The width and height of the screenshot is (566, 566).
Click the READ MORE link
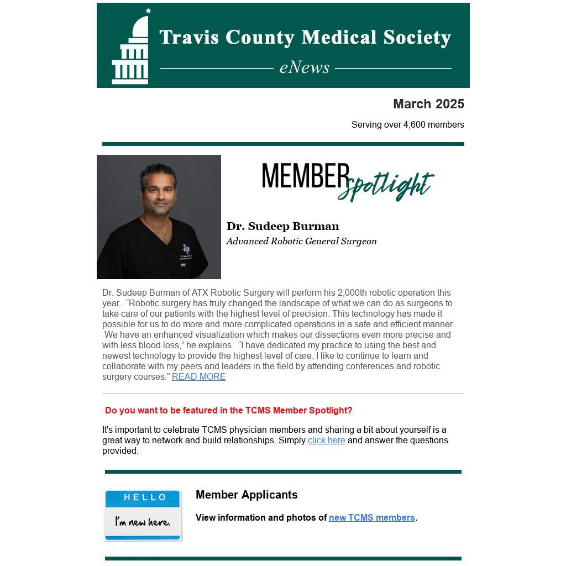pyautogui.click(x=198, y=377)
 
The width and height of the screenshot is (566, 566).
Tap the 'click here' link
pyautogui.click(x=326, y=441)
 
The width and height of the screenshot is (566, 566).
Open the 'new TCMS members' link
pyautogui.click(x=371, y=518)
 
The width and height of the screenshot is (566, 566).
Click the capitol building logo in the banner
pyautogui.click(x=131, y=48)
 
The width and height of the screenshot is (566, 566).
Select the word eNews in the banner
pyautogui.click(x=304, y=67)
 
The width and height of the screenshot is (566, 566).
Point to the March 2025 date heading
pyautogui.click(x=428, y=104)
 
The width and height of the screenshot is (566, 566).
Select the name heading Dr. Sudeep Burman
pyautogui.click(x=282, y=226)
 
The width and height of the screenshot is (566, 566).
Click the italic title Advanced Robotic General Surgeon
pyautogui.click(x=301, y=241)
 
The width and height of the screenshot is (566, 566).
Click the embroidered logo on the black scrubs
pyautogui.click(x=186, y=249)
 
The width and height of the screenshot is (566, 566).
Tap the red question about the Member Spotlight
pyautogui.click(x=228, y=411)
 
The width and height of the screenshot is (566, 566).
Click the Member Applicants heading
pyautogui.click(x=247, y=495)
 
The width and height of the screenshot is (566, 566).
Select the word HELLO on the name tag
pyautogui.click(x=145, y=497)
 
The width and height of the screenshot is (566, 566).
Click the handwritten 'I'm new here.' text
pyautogui.click(x=143, y=522)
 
